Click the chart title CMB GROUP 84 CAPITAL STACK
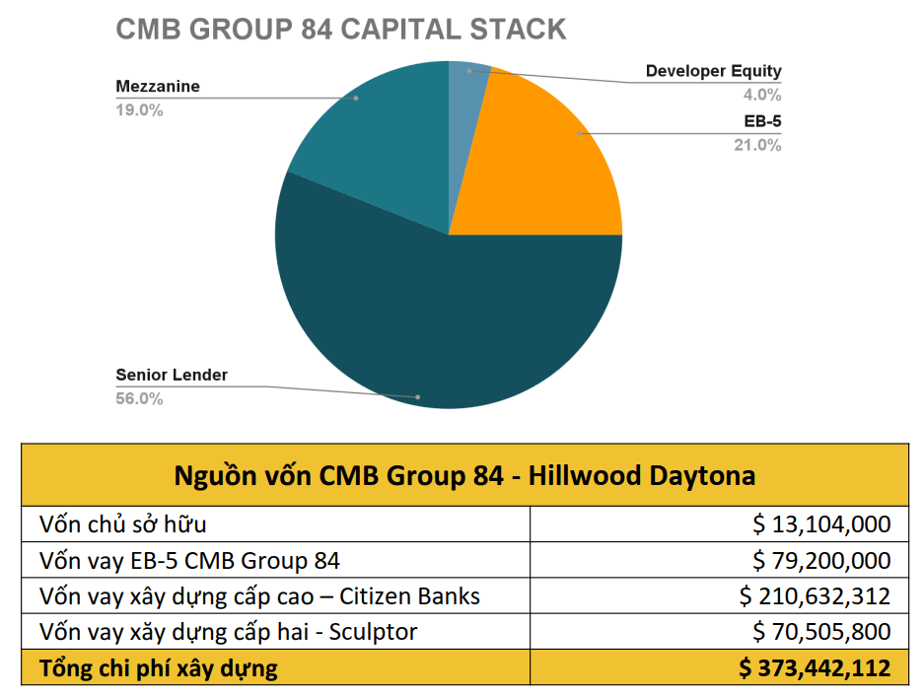341,29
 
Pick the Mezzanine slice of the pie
375,138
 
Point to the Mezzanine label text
158,86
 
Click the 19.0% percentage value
139,109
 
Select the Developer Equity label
713,71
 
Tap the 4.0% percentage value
761,96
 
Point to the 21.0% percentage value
757,145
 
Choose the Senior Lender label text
172,375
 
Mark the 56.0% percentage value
139,398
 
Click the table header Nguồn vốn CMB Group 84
464,475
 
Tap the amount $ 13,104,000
821,523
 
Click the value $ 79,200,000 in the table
821,560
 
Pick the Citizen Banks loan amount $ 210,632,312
815,596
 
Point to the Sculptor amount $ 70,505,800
821,632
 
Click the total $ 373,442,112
815,668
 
